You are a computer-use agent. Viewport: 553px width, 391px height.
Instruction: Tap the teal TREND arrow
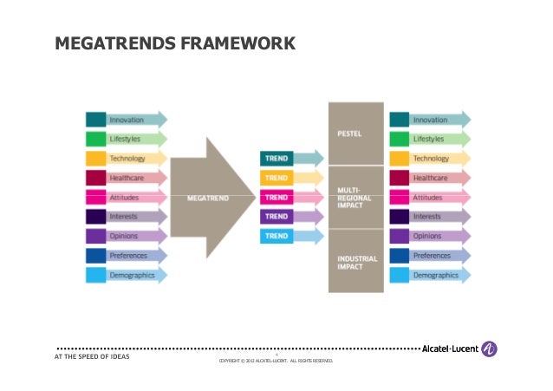tap(290, 158)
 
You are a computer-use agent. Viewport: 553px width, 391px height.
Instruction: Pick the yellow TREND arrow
tap(290, 177)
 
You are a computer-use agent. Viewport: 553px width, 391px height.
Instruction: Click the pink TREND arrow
tap(290, 197)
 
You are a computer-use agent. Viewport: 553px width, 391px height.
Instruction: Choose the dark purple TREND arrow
tap(290, 216)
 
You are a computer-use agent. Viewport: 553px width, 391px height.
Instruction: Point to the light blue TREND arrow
tap(290, 235)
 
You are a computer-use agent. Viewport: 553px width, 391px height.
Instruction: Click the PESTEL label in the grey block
tap(349, 134)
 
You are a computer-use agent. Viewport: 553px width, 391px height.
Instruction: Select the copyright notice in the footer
tap(275, 361)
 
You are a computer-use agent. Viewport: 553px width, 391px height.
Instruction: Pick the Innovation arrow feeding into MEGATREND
tap(126, 120)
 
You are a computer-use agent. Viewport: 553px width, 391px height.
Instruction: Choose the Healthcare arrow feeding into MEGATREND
tap(126, 178)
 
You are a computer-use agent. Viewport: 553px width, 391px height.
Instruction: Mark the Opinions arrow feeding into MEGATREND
tap(126, 236)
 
